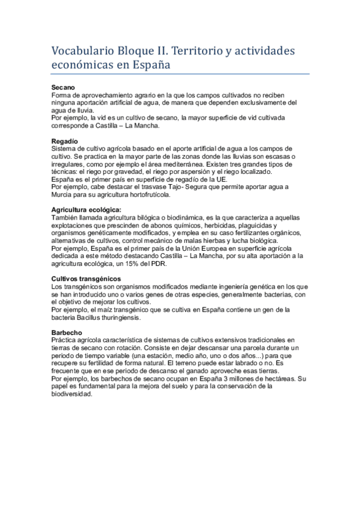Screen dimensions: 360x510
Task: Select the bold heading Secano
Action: (x=63, y=88)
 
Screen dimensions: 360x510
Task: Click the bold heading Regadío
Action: (x=65, y=141)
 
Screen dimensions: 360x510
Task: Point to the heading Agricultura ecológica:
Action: (x=87, y=209)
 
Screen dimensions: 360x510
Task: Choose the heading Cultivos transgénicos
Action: (x=87, y=278)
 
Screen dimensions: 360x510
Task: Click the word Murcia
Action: (x=64, y=194)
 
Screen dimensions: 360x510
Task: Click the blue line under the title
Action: (x=180, y=75)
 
